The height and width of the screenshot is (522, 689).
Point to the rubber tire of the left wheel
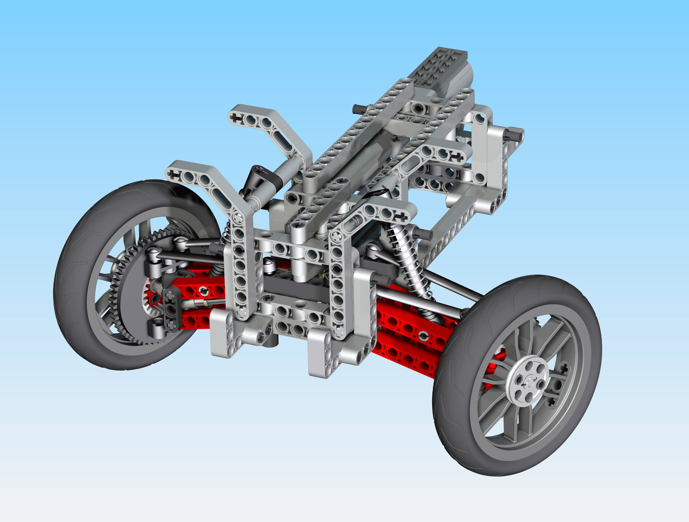[x=74, y=280]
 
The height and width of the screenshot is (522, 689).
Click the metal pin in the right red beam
[x=423, y=335]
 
